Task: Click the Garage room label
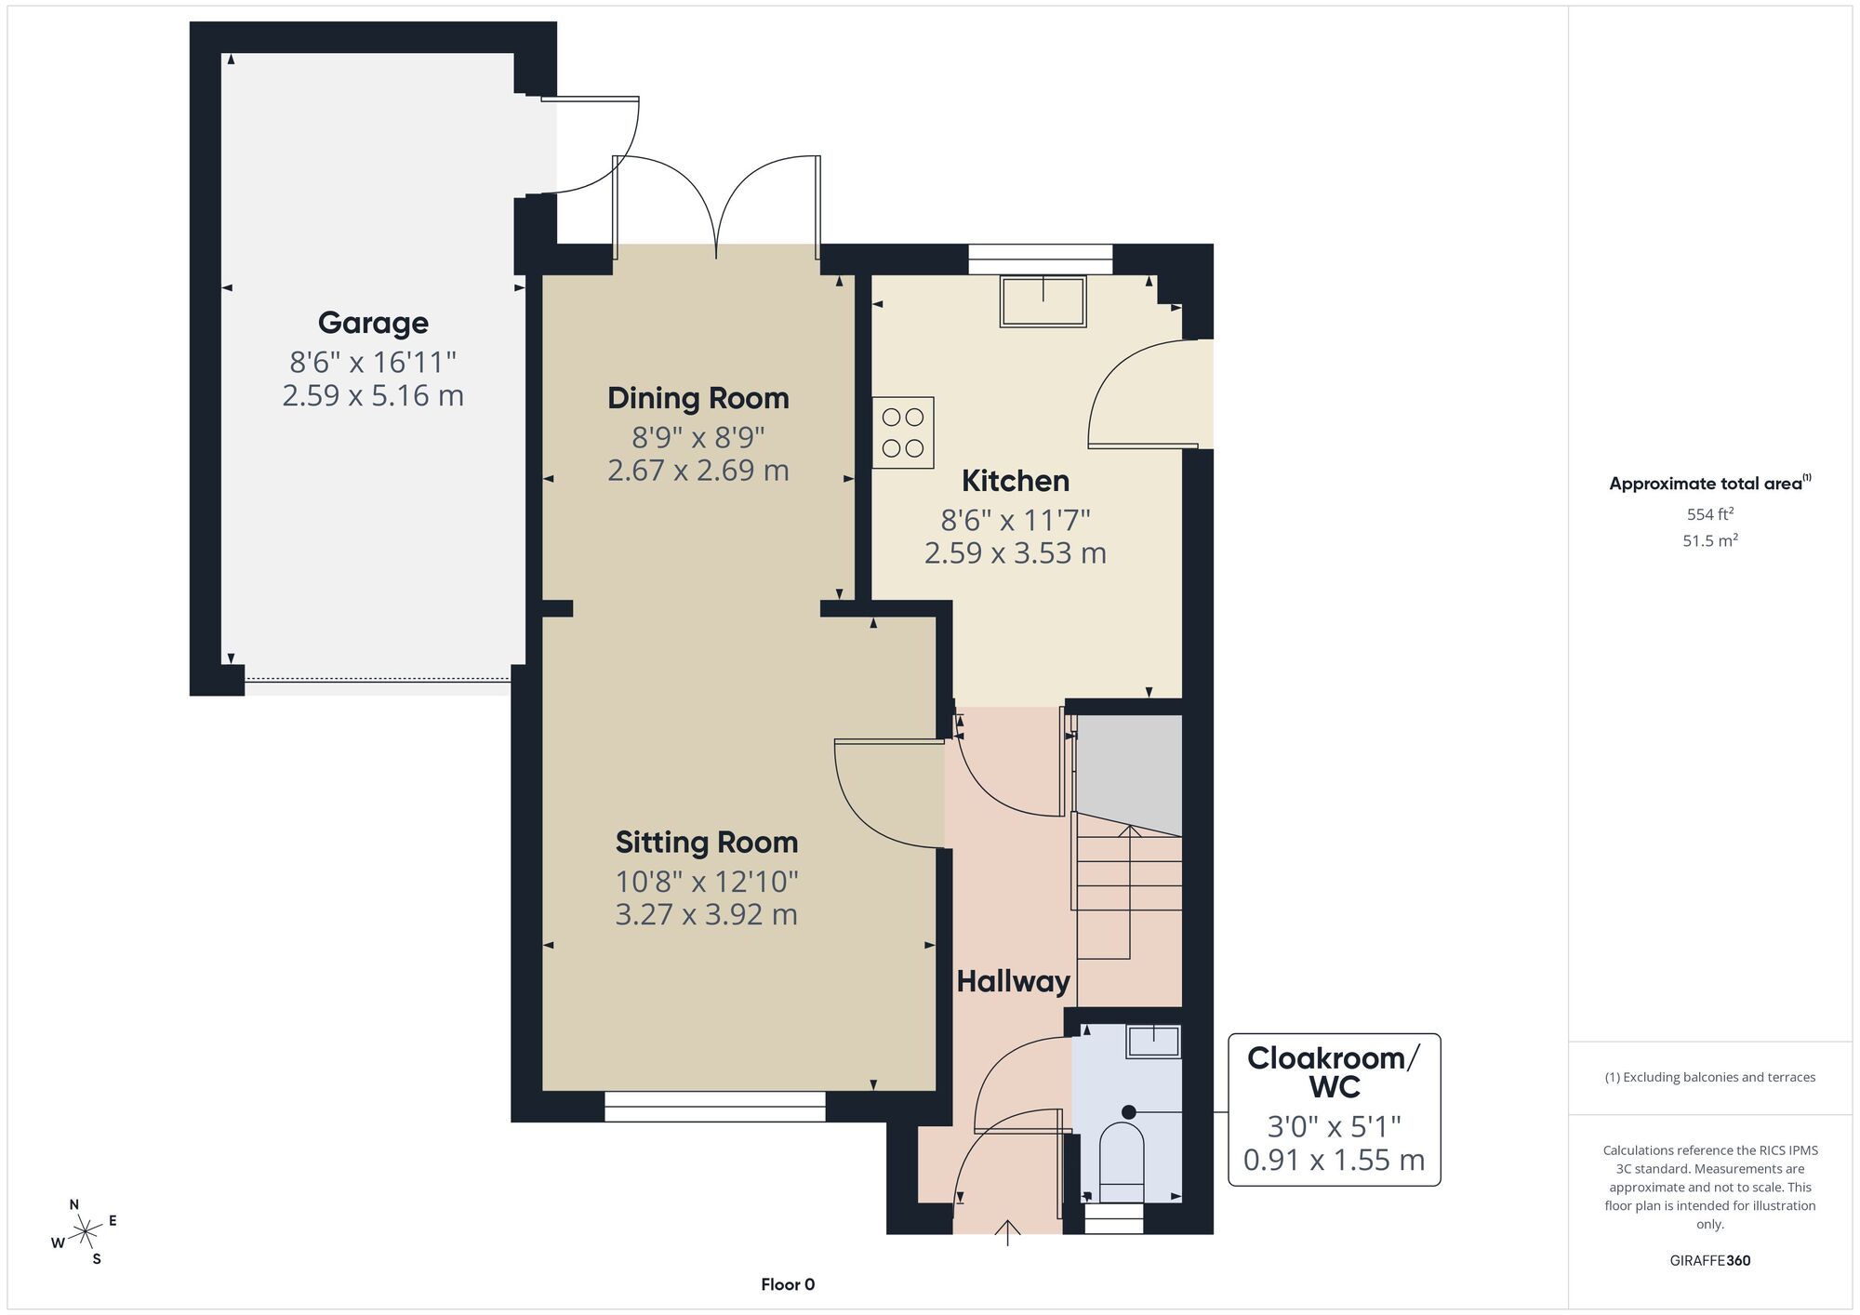click(373, 323)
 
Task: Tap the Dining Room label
click(698, 398)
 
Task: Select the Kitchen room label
click(1016, 481)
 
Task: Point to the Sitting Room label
click(707, 843)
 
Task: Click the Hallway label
click(1014, 981)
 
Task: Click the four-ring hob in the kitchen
click(903, 432)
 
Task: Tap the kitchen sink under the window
click(1043, 301)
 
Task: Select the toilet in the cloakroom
click(1122, 1162)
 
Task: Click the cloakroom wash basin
click(1154, 1042)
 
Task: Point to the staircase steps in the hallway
click(1129, 893)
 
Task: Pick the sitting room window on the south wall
click(715, 1106)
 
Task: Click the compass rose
click(85, 1232)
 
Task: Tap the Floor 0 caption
click(788, 1284)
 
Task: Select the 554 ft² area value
click(1710, 513)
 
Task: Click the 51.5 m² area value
click(1710, 540)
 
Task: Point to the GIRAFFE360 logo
click(1710, 1261)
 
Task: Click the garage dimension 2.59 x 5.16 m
click(373, 395)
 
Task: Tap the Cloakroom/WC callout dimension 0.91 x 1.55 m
click(1335, 1161)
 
